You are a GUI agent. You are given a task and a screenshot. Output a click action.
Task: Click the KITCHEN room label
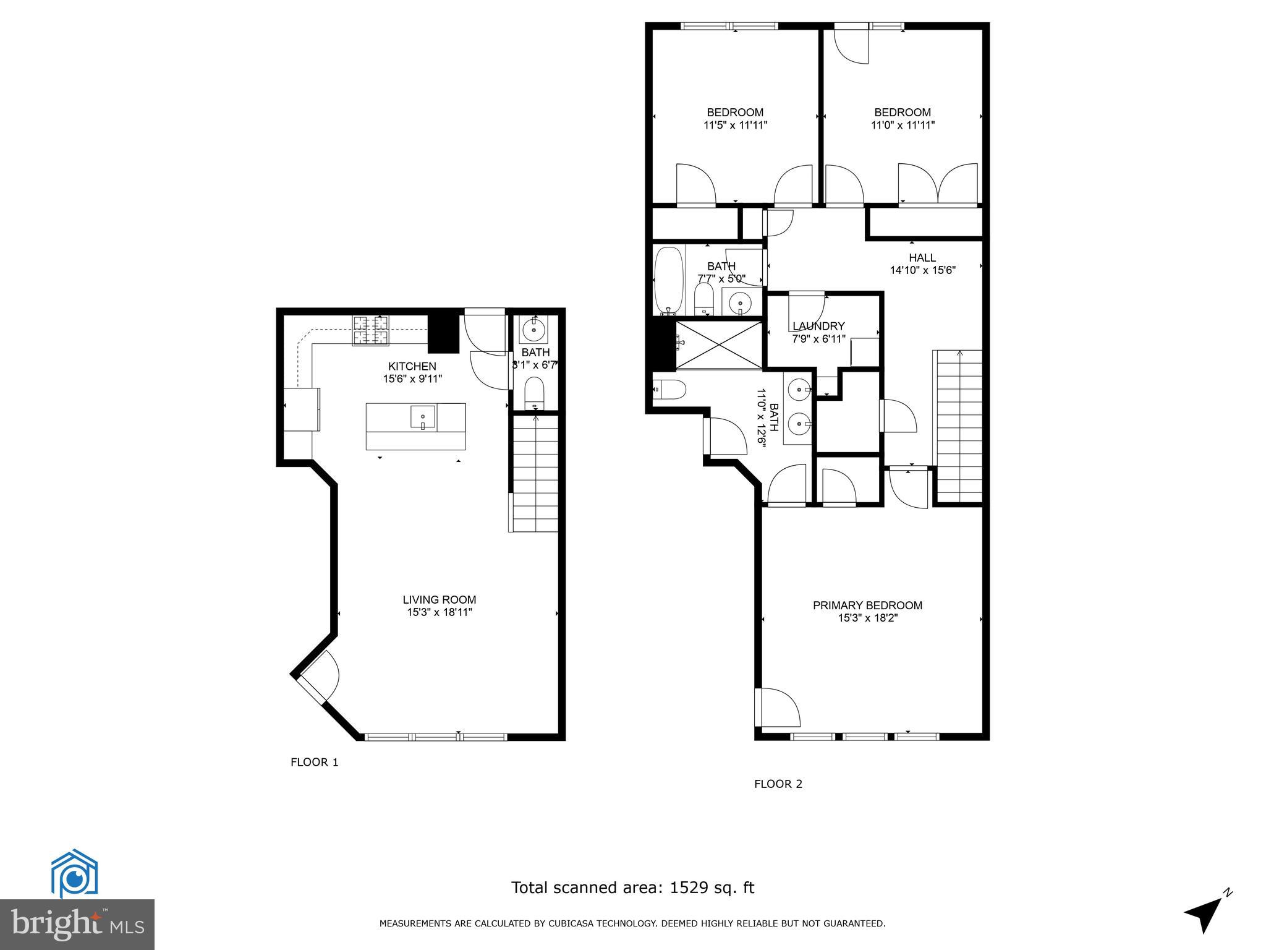412,366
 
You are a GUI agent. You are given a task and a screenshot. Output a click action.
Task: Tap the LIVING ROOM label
439,599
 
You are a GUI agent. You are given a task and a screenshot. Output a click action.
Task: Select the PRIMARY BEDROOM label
867,606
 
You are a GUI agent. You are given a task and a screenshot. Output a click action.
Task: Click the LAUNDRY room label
818,326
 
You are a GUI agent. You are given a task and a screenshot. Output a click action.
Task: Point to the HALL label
922,257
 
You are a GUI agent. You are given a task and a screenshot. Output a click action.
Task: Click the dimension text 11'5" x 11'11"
735,125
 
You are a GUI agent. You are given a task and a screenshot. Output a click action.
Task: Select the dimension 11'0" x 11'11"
903,125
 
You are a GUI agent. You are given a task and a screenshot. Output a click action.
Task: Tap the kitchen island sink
423,417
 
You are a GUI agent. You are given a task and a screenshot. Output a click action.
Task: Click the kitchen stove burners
371,330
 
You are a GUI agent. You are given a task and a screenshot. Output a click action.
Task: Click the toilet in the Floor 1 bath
533,393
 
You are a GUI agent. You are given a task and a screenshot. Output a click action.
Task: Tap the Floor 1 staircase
535,473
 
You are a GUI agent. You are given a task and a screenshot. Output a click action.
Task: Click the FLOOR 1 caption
314,762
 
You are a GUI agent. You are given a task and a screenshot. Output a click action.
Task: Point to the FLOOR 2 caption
778,784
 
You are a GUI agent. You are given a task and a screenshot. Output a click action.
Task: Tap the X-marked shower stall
718,344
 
